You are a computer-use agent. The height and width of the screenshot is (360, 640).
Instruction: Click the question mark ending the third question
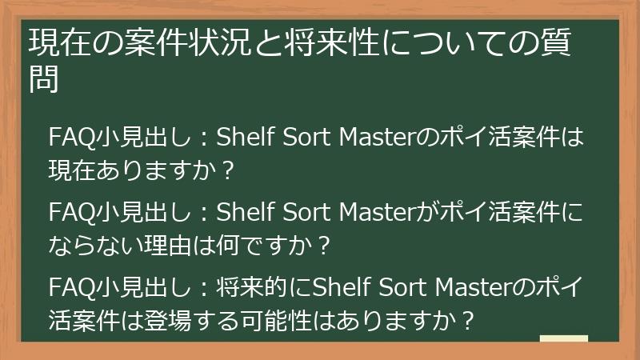coord(468,321)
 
